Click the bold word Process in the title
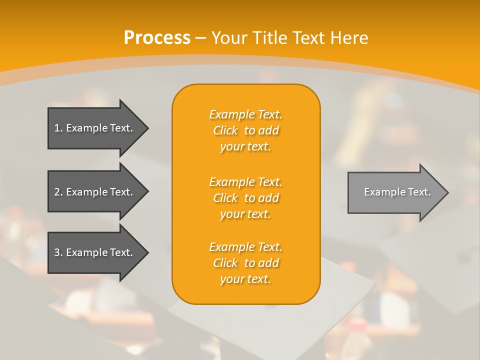(157, 38)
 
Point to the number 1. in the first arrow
(58, 128)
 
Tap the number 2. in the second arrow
(58, 192)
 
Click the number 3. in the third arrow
(58, 252)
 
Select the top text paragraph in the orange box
(246, 130)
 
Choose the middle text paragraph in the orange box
(246, 198)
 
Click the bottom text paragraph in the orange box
(246, 263)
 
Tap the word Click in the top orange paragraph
(225, 130)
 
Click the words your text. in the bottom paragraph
(245, 279)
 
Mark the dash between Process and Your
(200, 38)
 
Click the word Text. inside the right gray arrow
(418, 192)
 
